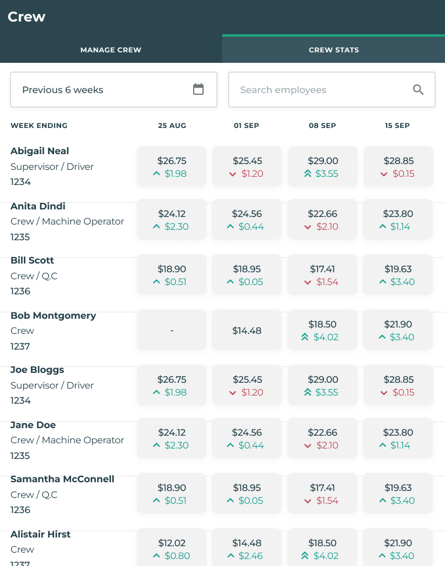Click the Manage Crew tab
111,50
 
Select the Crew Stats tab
333,50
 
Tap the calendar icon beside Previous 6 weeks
198,90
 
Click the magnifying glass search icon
418,90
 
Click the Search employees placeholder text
283,90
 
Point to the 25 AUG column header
172,126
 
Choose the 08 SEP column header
322,126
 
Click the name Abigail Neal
40,151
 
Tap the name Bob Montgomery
53,316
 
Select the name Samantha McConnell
62,479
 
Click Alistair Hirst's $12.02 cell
172,547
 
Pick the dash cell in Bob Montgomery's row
172,330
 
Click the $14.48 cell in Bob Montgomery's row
247,330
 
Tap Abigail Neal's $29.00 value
323,161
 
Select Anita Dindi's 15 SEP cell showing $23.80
398,219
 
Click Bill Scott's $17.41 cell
323,275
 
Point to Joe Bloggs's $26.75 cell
172,385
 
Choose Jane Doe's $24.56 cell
247,439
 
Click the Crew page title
27,17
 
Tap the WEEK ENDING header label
39,126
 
